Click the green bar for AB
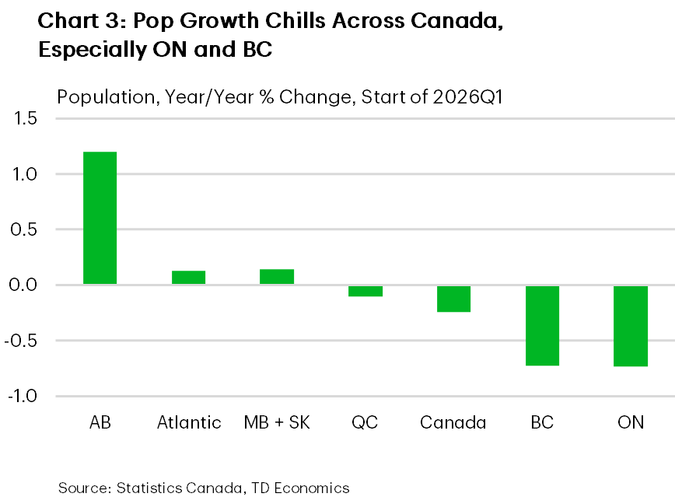coord(100,218)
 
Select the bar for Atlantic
coord(188,278)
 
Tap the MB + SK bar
coord(276,277)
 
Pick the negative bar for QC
coord(365,291)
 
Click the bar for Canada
coord(453,299)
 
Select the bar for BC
coord(542,325)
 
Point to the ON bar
coord(631,326)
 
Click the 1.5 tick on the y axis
coord(24,119)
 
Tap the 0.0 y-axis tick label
coord(23,285)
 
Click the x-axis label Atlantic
coord(189,423)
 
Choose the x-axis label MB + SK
coord(277,423)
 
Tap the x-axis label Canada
coord(453,423)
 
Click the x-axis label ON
coord(631,423)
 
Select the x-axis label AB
coord(100,423)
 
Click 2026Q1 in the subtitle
coord(453,98)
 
